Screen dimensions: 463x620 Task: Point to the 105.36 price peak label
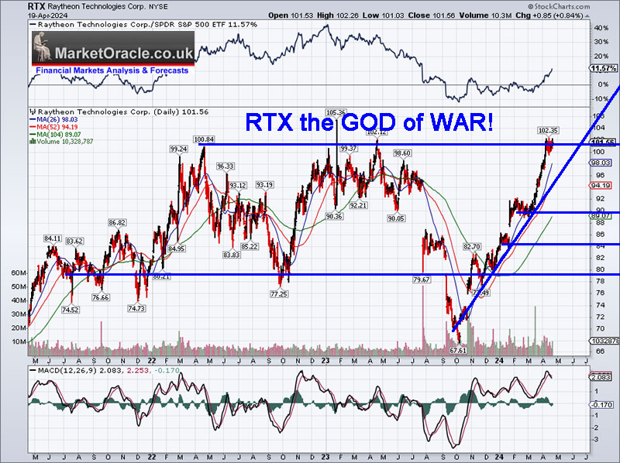tap(336, 112)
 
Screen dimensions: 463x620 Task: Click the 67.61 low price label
tap(458, 350)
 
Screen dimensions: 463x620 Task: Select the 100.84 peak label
tap(204, 139)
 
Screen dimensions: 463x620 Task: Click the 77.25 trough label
tap(279, 294)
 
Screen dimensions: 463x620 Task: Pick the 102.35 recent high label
tap(548, 130)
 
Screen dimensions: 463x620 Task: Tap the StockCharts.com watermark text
tap(584, 5)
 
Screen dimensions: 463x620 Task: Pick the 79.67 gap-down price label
tap(422, 279)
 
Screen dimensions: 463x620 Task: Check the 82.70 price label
tap(472, 246)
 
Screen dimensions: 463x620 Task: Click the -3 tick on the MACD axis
tap(596, 439)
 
